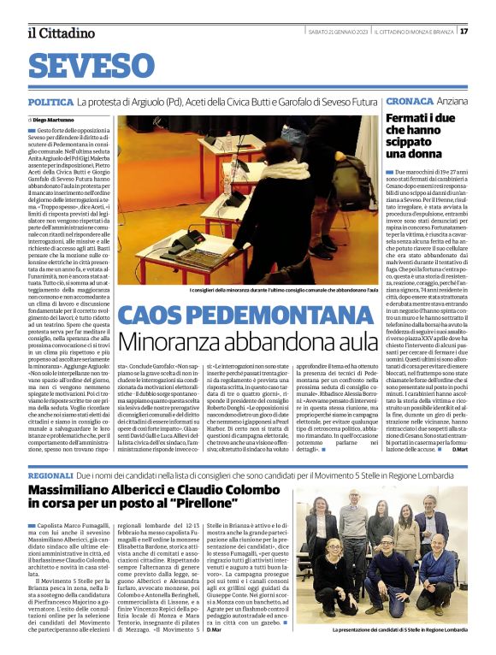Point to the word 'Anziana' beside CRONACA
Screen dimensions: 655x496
[x=453, y=102]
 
